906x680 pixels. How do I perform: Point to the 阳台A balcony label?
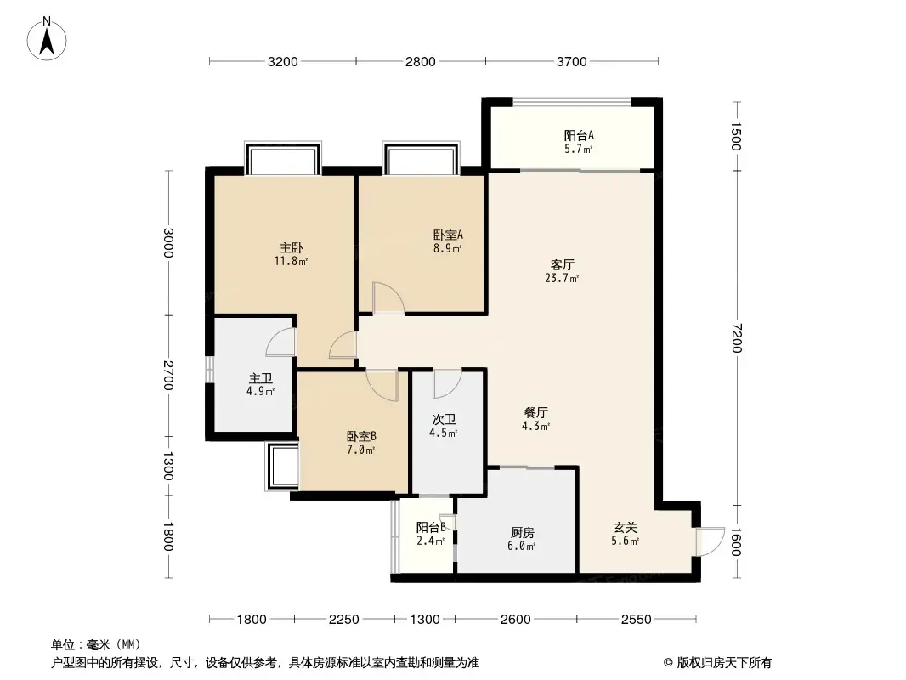[x=578, y=135]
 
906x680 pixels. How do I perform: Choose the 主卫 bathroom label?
[x=260, y=378]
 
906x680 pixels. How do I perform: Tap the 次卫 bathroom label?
[x=444, y=420]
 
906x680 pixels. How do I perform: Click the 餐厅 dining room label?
[x=536, y=413]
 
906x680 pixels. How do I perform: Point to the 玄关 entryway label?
[x=625, y=527]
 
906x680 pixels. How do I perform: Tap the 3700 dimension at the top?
[x=572, y=61]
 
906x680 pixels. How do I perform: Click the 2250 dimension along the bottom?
[x=343, y=620]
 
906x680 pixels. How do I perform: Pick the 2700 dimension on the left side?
[x=168, y=375]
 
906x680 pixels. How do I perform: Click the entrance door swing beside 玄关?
[x=707, y=541]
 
